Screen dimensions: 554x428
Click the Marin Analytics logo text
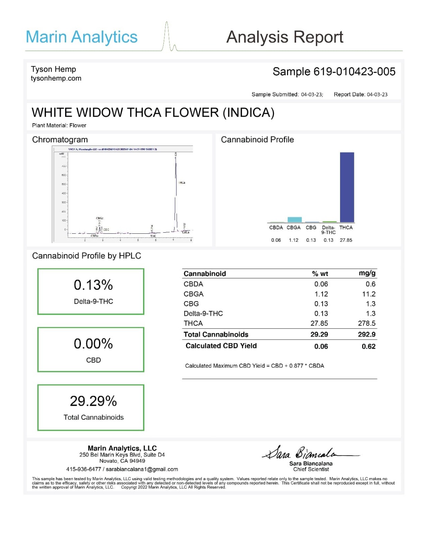(x=82, y=37)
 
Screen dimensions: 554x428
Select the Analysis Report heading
(x=285, y=37)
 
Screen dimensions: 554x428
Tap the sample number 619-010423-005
(x=354, y=72)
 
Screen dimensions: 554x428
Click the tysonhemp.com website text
(x=56, y=79)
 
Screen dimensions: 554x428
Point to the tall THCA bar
(x=347, y=187)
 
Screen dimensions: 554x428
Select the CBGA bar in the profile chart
(x=294, y=220)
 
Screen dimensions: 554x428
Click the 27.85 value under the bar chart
(x=346, y=240)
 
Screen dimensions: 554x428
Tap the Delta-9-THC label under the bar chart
(x=328, y=230)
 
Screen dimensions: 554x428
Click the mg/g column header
(x=367, y=273)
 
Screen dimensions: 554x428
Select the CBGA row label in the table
(x=194, y=294)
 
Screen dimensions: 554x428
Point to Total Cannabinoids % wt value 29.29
(x=319, y=334)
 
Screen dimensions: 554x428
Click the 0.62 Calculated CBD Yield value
(x=368, y=347)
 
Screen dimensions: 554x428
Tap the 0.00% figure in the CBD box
(x=93, y=344)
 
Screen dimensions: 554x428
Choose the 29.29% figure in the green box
(x=93, y=401)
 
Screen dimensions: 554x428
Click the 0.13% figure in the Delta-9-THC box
(x=93, y=285)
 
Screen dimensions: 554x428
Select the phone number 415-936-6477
(x=83, y=469)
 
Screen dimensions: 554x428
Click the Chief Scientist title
(x=311, y=469)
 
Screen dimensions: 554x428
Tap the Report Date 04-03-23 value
(x=377, y=95)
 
